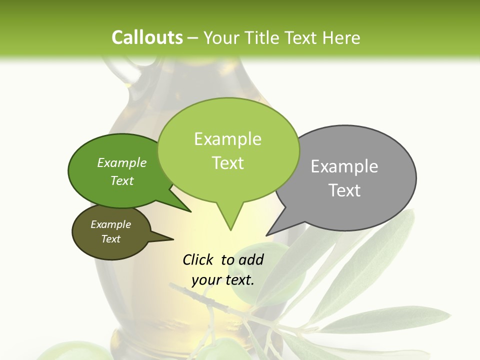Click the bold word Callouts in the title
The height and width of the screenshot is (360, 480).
click(x=147, y=37)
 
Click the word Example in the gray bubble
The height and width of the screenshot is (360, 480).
click(x=344, y=166)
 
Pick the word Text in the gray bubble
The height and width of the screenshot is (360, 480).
click(x=344, y=190)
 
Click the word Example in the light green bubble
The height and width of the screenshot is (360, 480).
click(x=227, y=139)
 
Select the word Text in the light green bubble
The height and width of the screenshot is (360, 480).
click(x=227, y=163)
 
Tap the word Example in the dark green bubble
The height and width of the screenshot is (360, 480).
click(x=121, y=163)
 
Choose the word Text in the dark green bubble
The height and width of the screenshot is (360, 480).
click(x=121, y=180)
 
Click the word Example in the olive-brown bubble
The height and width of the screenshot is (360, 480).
click(x=110, y=224)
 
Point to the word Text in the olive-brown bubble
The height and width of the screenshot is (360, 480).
click(x=110, y=239)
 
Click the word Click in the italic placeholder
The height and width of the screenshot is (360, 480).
click(x=198, y=260)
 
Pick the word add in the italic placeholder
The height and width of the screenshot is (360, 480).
click(x=250, y=260)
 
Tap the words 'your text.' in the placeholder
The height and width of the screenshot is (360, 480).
click(x=222, y=280)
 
